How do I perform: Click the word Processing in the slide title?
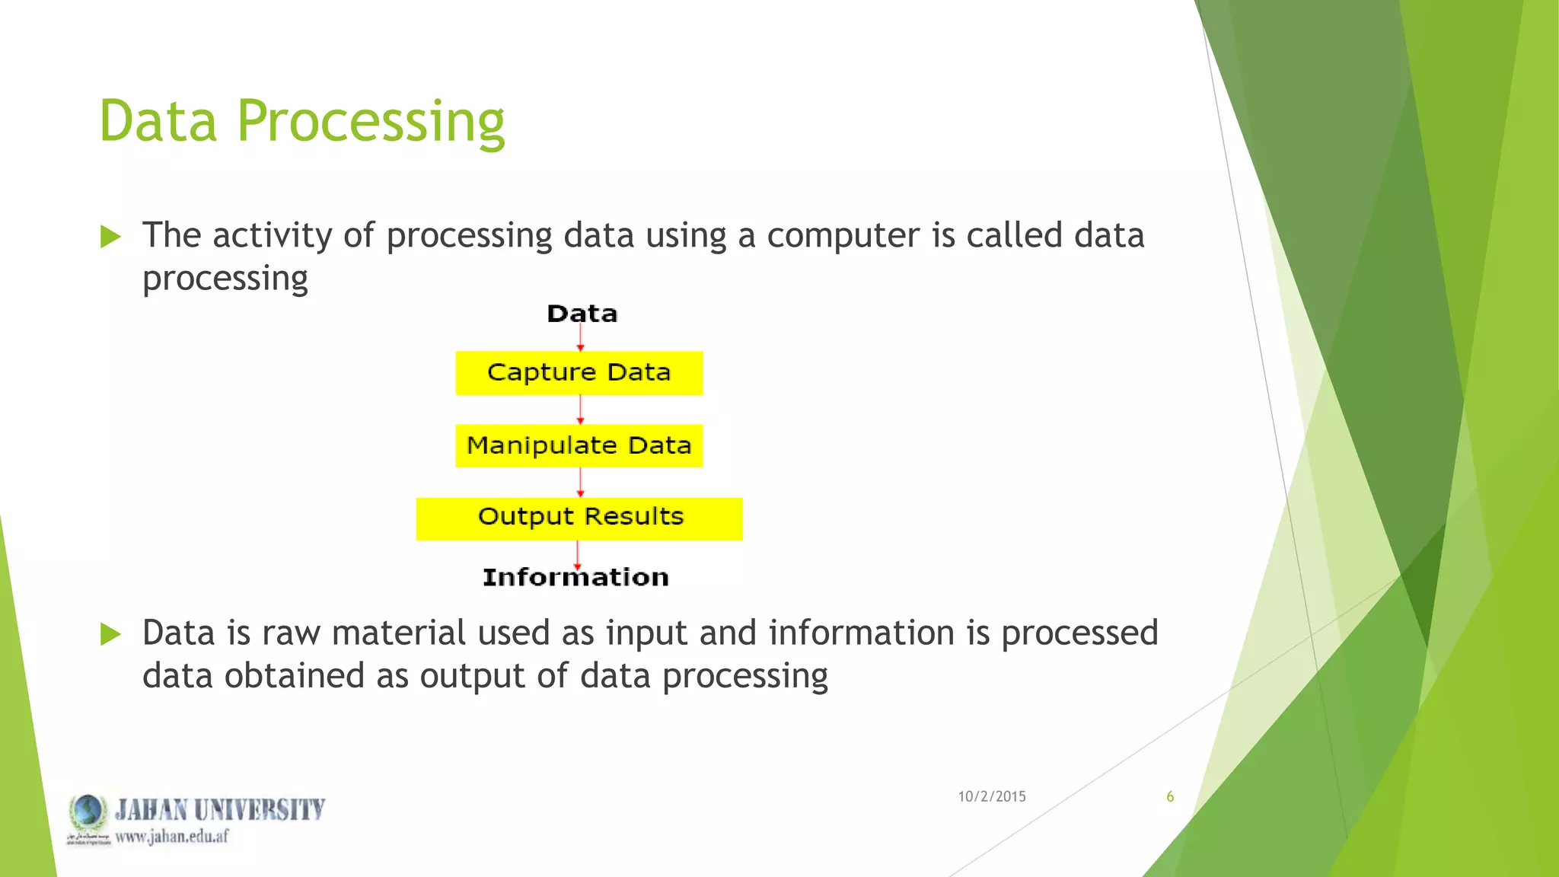[371, 122]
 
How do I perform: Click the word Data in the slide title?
[158, 122]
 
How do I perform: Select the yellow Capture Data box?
[579, 373]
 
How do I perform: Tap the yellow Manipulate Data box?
[579, 445]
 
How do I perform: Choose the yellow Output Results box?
[579, 518]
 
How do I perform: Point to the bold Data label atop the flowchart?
[582, 314]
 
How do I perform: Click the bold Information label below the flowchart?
[575, 577]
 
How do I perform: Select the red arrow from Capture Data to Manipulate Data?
[580, 410]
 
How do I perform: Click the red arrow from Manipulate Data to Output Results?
[580, 482]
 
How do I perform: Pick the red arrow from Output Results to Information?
[577, 554]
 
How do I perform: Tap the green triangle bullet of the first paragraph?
[110, 237]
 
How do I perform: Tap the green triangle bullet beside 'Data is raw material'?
[110, 634]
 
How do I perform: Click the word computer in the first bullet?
[843, 236]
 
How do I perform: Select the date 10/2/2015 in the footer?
[991, 796]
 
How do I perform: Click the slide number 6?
[1170, 796]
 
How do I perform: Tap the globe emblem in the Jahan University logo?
[88, 812]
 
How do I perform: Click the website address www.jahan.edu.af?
[171, 837]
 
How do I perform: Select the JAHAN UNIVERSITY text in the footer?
[220, 809]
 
